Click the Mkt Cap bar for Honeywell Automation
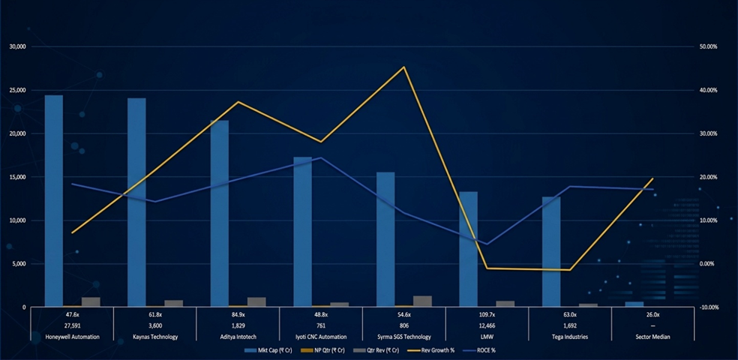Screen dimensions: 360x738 point(54,201)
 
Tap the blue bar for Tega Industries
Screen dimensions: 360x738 point(551,251)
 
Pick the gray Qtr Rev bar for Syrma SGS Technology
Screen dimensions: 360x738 point(422,301)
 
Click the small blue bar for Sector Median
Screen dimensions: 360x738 point(634,304)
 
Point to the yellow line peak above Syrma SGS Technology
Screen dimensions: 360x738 point(404,67)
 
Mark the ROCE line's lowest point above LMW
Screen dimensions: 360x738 point(487,244)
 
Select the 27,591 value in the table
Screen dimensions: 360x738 point(72,326)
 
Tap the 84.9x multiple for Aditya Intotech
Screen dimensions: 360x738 point(238,315)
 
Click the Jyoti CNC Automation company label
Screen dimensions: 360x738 point(321,337)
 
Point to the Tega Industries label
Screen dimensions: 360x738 point(570,337)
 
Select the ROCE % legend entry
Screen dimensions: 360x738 point(480,350)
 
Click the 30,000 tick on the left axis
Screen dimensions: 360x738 point(17,46)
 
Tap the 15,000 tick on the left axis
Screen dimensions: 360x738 point(17,177)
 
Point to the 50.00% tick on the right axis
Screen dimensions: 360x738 point(708,46)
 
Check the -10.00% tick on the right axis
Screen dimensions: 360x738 point(708,307)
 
